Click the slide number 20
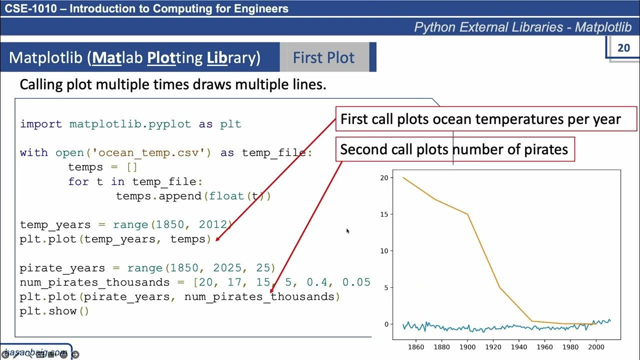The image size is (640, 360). [x=623, y=48]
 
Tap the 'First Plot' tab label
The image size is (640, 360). [x=323, y=57]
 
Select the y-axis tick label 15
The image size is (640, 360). [x=384, y=214]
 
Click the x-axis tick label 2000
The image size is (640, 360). [x=595, y=347]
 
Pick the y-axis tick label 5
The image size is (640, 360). [x=386, y=287]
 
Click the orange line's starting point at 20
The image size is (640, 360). [x=403, y=177]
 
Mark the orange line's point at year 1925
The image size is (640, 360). [x=499, y=287]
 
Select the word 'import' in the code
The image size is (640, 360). [x=41, y=124]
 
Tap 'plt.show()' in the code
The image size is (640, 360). [x=54, y=311]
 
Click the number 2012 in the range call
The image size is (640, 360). [x=213, y=224]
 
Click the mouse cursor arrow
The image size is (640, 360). [x=347, y=230]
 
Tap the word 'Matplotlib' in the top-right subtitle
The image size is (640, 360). [x=603, y=27]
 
